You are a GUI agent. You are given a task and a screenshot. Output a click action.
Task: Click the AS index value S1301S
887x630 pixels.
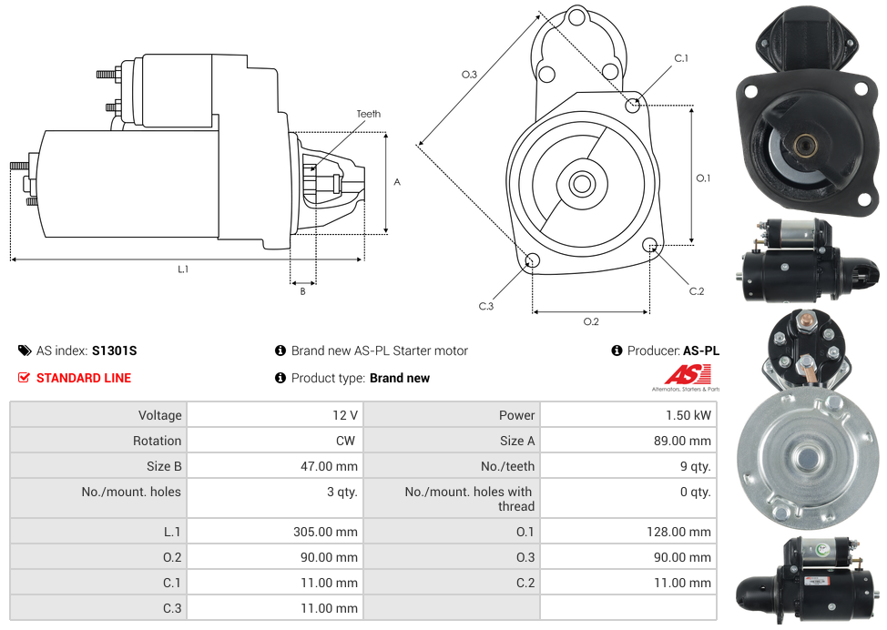pyautogui.click(x=114, y=351)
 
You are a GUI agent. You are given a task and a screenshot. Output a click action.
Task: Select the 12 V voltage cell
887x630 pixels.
pyautogui.click(x=345, y=415)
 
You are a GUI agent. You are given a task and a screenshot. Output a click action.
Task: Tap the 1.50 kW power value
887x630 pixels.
pyautogui.click(x=689, y=415)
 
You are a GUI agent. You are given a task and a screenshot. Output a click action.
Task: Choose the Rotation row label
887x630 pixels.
pyautogui.click(x=157, y=441)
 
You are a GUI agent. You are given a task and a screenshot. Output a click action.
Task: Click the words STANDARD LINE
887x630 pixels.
pyautogui.click(x=84, y=378)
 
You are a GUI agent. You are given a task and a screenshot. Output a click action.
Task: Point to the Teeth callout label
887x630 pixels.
pyautogui.click(x=369, y=114)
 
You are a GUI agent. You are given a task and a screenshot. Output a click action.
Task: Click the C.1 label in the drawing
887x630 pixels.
pyautogui.click(x=680, y=58)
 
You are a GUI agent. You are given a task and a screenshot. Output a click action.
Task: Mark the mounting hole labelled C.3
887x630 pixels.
pyautogui.click(x=533, y=261)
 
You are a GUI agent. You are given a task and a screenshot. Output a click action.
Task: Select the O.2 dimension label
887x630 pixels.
pyautogui.click(x=591, y=320)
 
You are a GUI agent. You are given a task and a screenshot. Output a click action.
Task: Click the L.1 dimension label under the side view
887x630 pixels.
pyautogui.click(x=183, y=269)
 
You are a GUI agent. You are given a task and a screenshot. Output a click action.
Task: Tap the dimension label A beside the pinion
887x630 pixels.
pyautogui.click(x=397, y=182)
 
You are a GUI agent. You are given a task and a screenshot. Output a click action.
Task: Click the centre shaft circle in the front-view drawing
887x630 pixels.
pyautogui.click(x=581, y=184)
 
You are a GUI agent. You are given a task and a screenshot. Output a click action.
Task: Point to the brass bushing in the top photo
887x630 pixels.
pyautogui.click(x=804, y=143)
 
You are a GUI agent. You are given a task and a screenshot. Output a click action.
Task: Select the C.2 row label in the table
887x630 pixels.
pyautogui.click(x=525, y=583)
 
